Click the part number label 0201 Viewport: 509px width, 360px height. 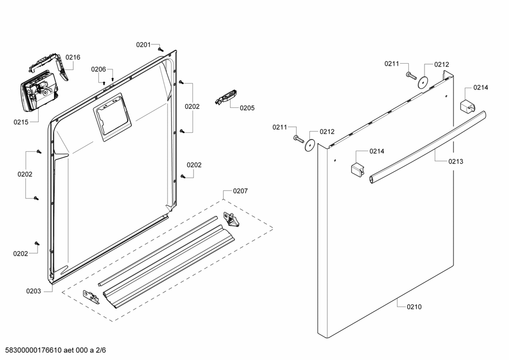point(143,45)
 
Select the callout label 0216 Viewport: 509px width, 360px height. point(73,58)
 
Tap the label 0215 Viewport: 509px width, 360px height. point(21,122)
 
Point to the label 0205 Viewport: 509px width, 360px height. point(247,108)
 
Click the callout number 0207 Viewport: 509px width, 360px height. point(240,191)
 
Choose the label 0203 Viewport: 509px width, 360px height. point(34,291)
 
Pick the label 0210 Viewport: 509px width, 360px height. point(414,307)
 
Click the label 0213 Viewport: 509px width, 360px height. point(456,161)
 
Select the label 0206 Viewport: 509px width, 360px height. point(98,69)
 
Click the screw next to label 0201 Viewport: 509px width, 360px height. point(160,49)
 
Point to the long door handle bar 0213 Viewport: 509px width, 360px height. point(428,147)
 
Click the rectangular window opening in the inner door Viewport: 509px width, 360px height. point(112,117)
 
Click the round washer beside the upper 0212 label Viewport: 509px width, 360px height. point(422,82)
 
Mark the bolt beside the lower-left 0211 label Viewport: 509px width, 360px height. point(299,139)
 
